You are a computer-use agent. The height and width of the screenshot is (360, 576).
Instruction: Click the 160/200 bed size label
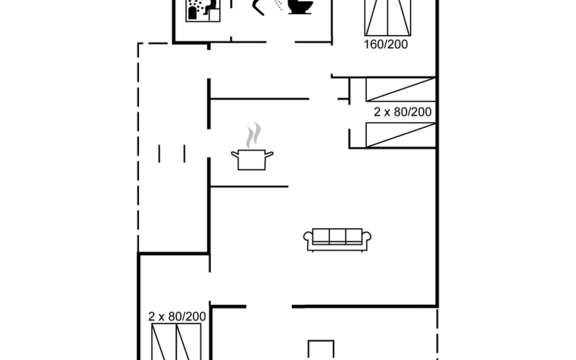pyautogui.click(x=386, y=44)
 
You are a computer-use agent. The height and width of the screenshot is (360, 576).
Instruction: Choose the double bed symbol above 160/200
pyautogui.click(x=388, y=18)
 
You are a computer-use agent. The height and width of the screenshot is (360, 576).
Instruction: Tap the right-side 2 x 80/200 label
pyautogui.click(x=403, y=112)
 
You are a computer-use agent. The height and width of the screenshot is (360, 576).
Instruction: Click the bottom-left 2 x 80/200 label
pyautogui.click(x=177, y=316)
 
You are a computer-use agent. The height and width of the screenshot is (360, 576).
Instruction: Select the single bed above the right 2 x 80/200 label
pyautogui.click(x=401, y=89)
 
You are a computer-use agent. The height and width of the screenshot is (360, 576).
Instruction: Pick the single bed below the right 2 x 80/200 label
pyautogui.click(x=401, y=135)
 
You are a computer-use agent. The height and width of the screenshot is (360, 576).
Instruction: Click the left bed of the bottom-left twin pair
pyautogui.click(x=164, y=342)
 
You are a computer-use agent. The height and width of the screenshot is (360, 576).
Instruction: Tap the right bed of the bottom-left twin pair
pyautogui.click(x=188, y=342)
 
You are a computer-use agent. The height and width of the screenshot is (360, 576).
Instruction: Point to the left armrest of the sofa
pyautogui.click(x=308, y=237)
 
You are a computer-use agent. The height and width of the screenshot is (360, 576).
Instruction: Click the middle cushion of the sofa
pyautogui.click(x=337, y=236)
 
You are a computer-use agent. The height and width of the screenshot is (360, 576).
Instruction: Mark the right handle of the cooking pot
pyautogui.click(x=269, y=155)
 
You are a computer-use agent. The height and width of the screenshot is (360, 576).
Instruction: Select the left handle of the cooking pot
pyautogui.click(x=235, y=155)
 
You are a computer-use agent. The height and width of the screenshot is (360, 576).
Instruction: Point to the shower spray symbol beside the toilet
pyautogui.click(x=278, y=5)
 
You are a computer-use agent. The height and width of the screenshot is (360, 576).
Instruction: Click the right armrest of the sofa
pyautogui.click(x=367, y=237)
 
